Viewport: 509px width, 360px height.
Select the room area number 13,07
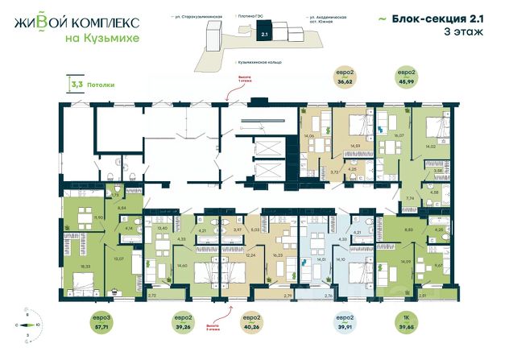(x=118, y=259)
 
